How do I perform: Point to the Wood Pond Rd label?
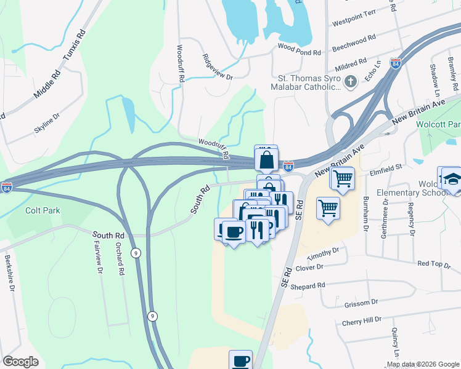300,52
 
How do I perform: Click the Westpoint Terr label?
354,22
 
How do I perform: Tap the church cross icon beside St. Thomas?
351,81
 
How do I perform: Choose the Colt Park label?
43,210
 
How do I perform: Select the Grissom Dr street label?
359,303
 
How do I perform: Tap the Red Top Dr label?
434,263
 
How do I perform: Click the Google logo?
20,362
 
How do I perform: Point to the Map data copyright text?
423,364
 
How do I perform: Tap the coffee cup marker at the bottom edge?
240,360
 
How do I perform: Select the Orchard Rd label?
121,262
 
